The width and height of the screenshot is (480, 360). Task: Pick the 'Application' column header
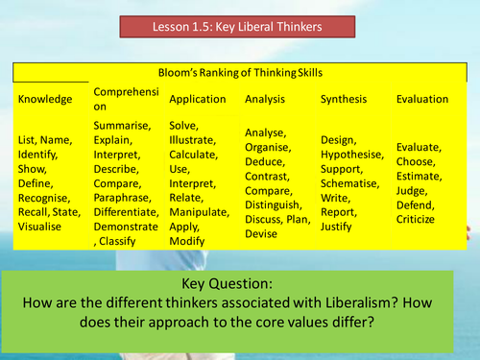coord(198,99)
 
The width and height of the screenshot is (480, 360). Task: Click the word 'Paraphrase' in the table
coord(127,198)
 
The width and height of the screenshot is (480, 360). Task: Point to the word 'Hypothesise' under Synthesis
coord(351,155)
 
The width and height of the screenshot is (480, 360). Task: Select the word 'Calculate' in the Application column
coord(195,155)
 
